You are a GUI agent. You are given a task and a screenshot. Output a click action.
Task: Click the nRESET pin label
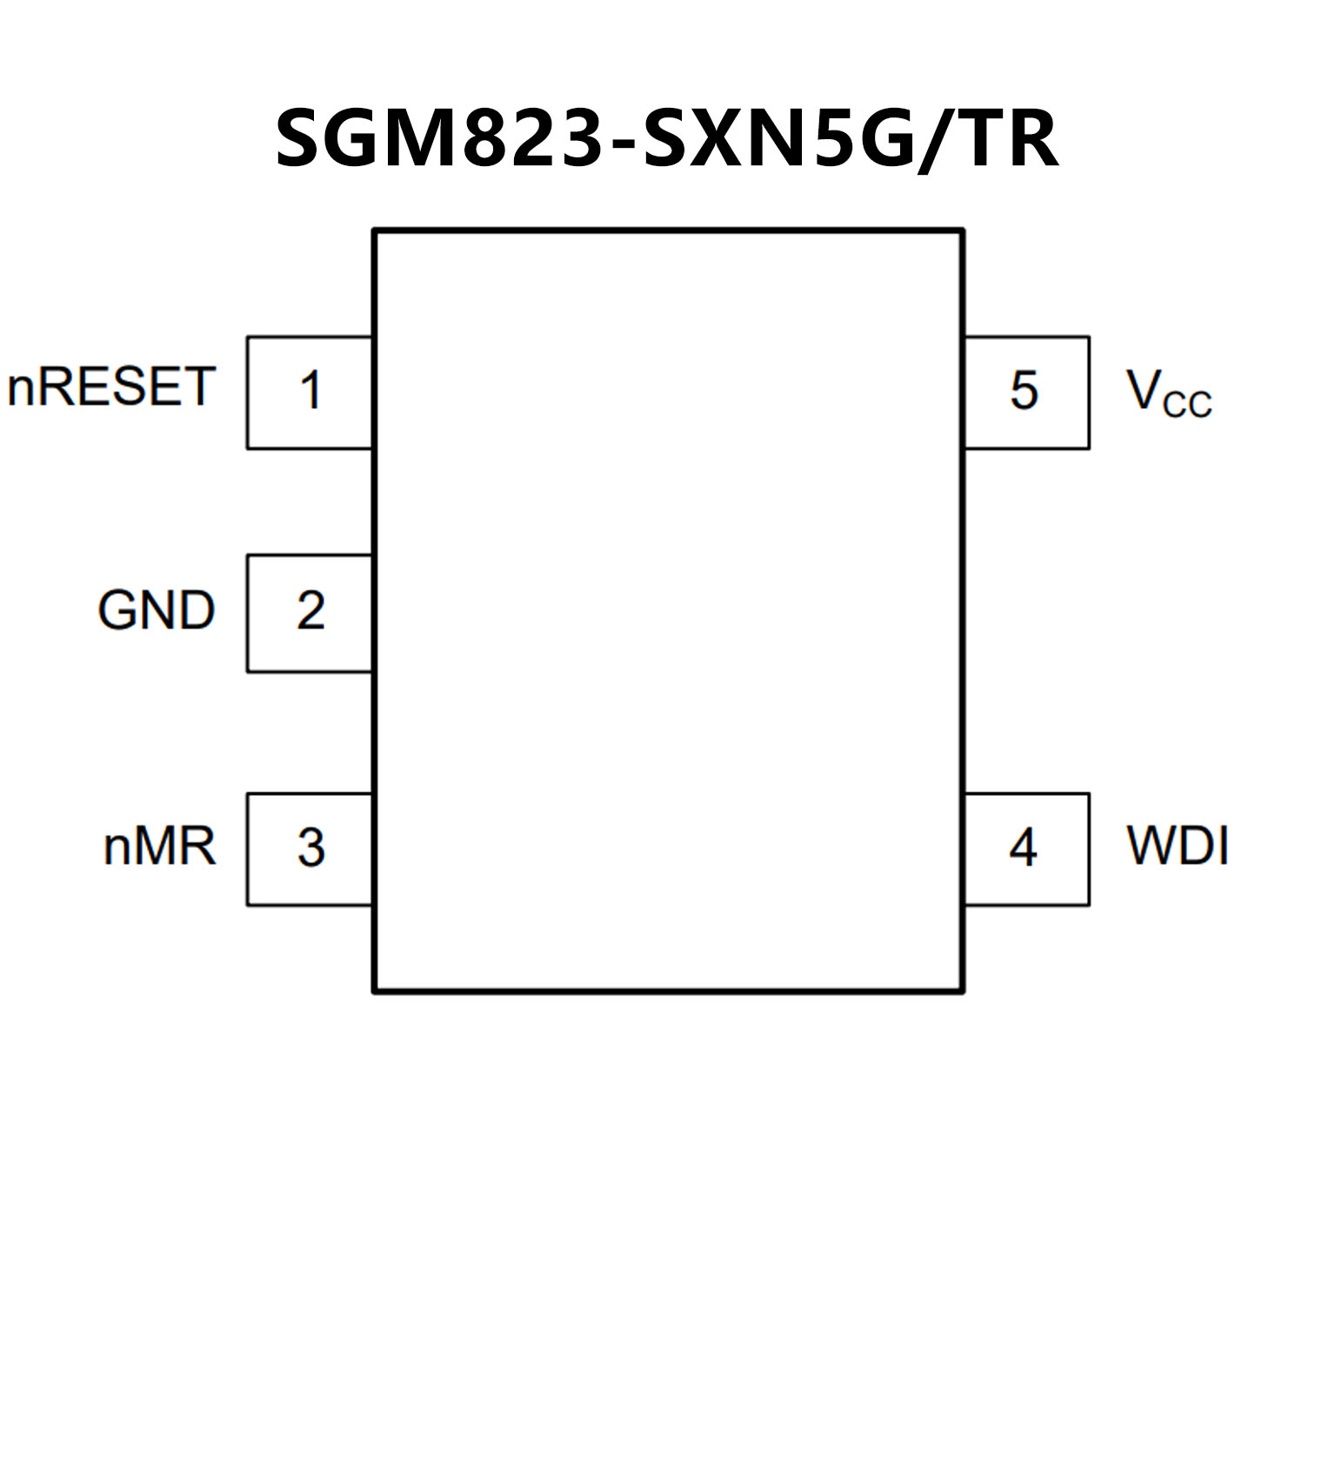click(110, 387)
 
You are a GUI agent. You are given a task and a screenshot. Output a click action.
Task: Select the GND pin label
click(157, 610)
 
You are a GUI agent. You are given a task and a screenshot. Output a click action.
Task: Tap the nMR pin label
click(159, 845)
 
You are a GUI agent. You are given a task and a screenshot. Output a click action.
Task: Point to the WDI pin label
click(1178, 845)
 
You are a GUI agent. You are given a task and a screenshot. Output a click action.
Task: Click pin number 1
click(310, 391)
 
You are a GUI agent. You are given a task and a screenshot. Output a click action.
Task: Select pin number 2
click(310, 611)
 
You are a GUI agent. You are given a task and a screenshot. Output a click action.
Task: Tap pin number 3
click(310, 848)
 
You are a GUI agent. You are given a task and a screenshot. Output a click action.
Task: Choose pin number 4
click(1023, 848)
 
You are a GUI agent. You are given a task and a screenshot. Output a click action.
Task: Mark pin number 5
click(1024, 391)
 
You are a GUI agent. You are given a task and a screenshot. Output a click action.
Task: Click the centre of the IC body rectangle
click(668, 611)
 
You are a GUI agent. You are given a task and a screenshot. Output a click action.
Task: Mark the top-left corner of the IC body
click(374, 231)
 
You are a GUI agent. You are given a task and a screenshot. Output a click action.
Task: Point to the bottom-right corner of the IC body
click(963, 991)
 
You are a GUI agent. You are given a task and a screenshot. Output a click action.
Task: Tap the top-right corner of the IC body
click(963, 231)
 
